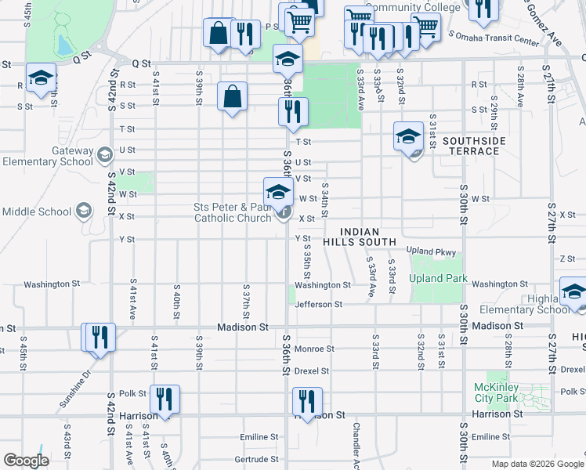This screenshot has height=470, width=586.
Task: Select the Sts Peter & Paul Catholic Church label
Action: [x=233, y=212]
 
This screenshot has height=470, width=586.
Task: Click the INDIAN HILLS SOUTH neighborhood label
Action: [x=371, y=237]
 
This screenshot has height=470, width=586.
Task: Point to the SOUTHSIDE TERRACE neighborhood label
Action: [x=474, y=146]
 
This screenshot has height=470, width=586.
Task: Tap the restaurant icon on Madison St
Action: [x=99, y=337]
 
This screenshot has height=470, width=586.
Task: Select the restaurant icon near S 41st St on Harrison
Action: [x=165, y=399]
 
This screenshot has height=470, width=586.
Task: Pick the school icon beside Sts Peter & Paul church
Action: [x=277, y=192]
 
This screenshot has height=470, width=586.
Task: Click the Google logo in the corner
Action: [x=26, y=461]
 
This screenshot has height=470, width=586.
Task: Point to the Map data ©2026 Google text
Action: [x=537, y=464]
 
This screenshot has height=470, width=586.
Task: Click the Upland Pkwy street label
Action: [x=430, y=251]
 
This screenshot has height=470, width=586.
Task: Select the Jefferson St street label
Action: [x=318, y=304]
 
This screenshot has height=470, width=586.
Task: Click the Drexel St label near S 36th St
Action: [x=312, y=370]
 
